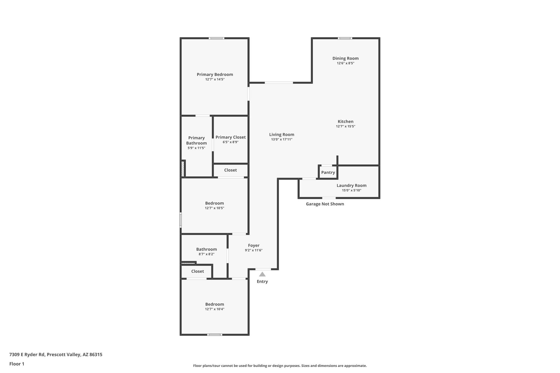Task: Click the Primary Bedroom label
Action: (x=215, y=74)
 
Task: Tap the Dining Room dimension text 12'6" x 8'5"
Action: (x=346, y=63)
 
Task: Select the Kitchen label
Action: (x=346, y=121)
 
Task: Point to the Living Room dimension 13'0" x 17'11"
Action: (x=282, y=139)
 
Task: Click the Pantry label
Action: (x=328, y=172)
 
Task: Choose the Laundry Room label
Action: (x=352, y=185)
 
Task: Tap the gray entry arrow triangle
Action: (x=262, y=274)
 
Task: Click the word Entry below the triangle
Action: (x=262, y=281)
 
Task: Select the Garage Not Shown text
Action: (x=325, y=204)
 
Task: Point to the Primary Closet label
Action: (x=231, y=137)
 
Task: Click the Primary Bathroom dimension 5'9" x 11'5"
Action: (x=196, y=148)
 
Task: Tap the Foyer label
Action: (x=254, y=245)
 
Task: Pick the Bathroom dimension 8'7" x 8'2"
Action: (x=206, y=254)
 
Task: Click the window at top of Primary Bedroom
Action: (x=217, y=38)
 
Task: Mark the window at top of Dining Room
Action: (x=345, y=38)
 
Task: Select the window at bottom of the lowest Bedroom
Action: (x=215, y=334)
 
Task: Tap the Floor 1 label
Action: (x=17, y=364)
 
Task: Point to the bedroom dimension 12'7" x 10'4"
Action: (x=215, y=309)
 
